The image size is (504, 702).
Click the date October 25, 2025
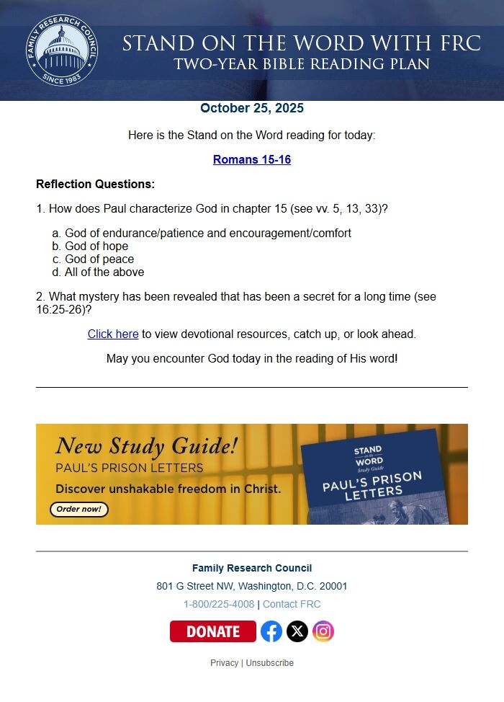(x=252, y=109)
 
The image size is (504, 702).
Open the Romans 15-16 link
(x=252, y=160)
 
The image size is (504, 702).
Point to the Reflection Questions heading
(x=95, y=185)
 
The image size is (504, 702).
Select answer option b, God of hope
(x=96, y=246)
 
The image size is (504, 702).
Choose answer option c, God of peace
(x=99, y=259)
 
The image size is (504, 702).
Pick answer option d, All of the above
(x=104, y=272)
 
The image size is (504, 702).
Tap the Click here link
(x=113, y=334)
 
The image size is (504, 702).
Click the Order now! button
(x=79, y=510)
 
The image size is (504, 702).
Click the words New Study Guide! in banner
(x=146, y=447)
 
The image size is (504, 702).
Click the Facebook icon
(x=271, y=631)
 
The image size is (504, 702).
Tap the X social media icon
(x=297, y=631)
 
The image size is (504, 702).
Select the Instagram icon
(x=323, y=631)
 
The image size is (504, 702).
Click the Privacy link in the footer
(x=224, y=663)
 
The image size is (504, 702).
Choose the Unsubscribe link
(x=270, y=663)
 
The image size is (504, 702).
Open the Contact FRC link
(x=292, y=605)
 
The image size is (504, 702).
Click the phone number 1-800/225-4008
(x=219, y=605)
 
